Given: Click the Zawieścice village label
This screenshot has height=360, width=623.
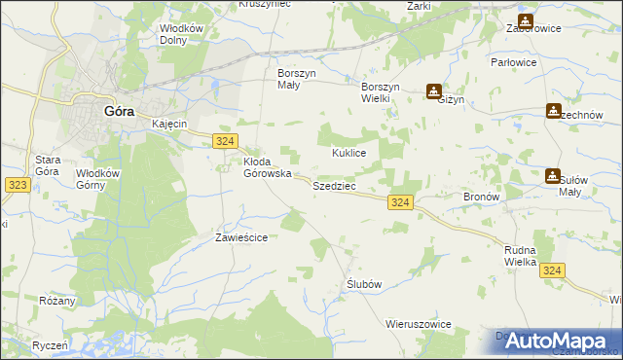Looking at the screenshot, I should tap(240, 237).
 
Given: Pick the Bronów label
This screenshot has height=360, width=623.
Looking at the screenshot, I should tap(481, 196).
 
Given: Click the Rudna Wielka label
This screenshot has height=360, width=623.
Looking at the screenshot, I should tap(521, 256).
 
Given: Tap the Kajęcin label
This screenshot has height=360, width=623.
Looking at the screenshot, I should tap(169, 125).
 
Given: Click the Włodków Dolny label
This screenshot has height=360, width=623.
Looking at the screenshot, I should tap(183, 34).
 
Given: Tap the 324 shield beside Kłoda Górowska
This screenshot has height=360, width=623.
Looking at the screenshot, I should tap(224, 142).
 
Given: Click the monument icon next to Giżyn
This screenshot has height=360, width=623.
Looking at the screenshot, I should tap(433, 92).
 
